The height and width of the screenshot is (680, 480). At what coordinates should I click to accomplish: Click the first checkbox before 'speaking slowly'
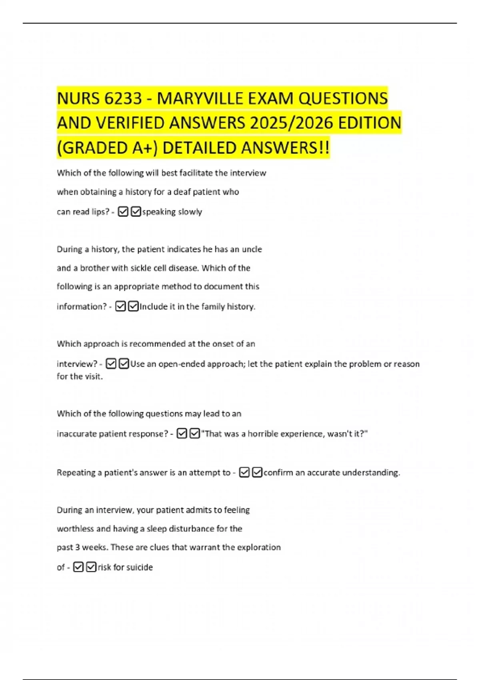pyautogui.click(x=123, y=212)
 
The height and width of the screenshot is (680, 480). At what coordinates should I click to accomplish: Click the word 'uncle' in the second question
pyautogui.click(x=252, y=249)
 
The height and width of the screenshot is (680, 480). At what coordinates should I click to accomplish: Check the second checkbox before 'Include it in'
pyautogui.click(x=133, y=306)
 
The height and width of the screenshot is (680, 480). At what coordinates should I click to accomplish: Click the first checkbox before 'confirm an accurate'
pyautogui.click(x=244, y=472)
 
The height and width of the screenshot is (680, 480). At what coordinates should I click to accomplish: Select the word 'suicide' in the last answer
pyautogui.click(x=140, y=567)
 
